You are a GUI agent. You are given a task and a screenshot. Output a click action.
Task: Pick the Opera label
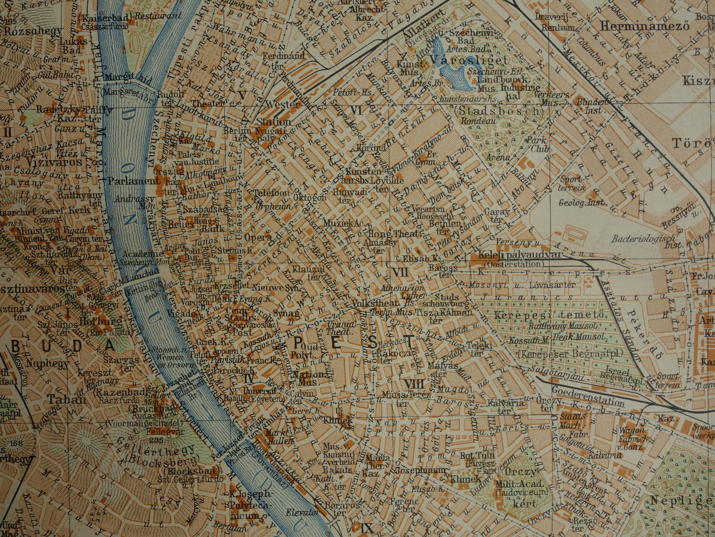258,237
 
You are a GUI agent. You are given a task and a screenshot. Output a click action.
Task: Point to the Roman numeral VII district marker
398,272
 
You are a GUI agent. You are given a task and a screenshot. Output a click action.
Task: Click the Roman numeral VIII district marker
414,383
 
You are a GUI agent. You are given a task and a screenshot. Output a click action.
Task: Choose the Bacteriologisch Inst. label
642,239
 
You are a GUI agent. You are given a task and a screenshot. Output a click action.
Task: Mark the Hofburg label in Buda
100,322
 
